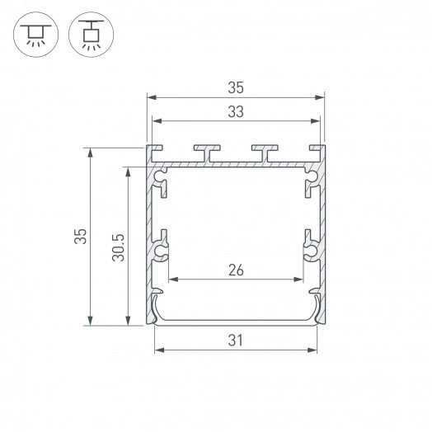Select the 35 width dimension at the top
(x=235, y=85)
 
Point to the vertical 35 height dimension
(x=79, y=237)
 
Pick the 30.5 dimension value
(x=117, y=247)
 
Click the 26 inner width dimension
(x=236, y=269)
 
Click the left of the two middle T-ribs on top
(x=206, y=153)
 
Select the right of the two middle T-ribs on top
(x=265, y=153)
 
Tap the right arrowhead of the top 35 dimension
(x=322, y=96)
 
